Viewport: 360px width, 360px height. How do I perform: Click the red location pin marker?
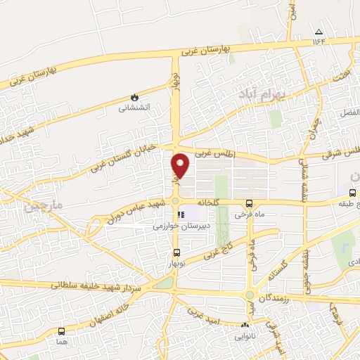(181, 166)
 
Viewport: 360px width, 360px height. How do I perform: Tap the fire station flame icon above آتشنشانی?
(134, 98)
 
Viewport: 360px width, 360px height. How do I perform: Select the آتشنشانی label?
(134, 108)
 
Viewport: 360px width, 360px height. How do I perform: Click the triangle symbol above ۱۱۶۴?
(319, 32)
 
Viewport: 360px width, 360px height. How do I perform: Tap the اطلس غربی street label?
(212, 153)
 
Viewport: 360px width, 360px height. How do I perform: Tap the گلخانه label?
(208, 202)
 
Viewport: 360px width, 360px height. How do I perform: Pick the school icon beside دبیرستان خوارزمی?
(181, 215)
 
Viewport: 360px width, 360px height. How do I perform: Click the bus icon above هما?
(61, 331)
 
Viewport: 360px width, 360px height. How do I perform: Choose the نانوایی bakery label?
(244, 336)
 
